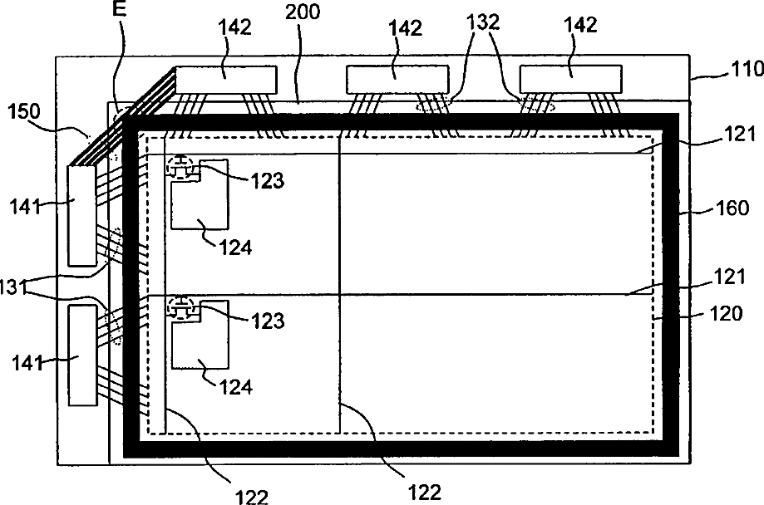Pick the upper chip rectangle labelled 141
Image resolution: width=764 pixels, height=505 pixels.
pyautogui.click(x=83, y=216)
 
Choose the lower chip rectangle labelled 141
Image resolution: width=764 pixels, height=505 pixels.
pyautogui.click(x=83, y=355)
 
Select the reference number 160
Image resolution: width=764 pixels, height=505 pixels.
pyautogui.click(x=730, y=208)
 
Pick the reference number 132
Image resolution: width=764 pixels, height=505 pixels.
pyautogui.click(x=483, y=25)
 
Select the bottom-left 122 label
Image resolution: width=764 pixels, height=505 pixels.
pyautogui.click(x=252, y=495)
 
